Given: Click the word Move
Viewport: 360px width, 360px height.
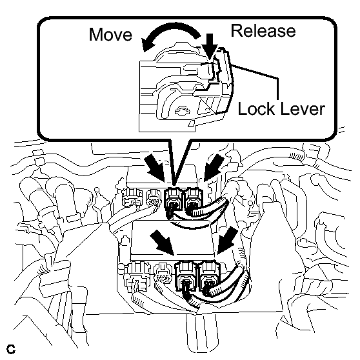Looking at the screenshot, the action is (110, 34).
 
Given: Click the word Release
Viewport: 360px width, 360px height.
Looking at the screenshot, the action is (263, 31).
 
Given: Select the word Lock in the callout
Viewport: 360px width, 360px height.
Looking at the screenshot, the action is (257, 108).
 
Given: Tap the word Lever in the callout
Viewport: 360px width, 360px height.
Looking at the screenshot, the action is (303, 108).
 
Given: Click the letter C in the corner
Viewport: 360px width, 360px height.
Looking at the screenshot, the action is (11, 349).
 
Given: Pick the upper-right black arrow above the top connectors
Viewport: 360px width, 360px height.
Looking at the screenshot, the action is (214, 167).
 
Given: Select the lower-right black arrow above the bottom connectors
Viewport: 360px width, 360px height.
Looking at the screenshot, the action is (227, 241).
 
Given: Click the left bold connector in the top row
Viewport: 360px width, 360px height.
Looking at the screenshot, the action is (174, 199).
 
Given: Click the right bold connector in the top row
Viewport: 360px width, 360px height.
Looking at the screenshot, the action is (194, 199).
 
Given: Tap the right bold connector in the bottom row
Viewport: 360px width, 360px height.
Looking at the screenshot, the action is (208, 276).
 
